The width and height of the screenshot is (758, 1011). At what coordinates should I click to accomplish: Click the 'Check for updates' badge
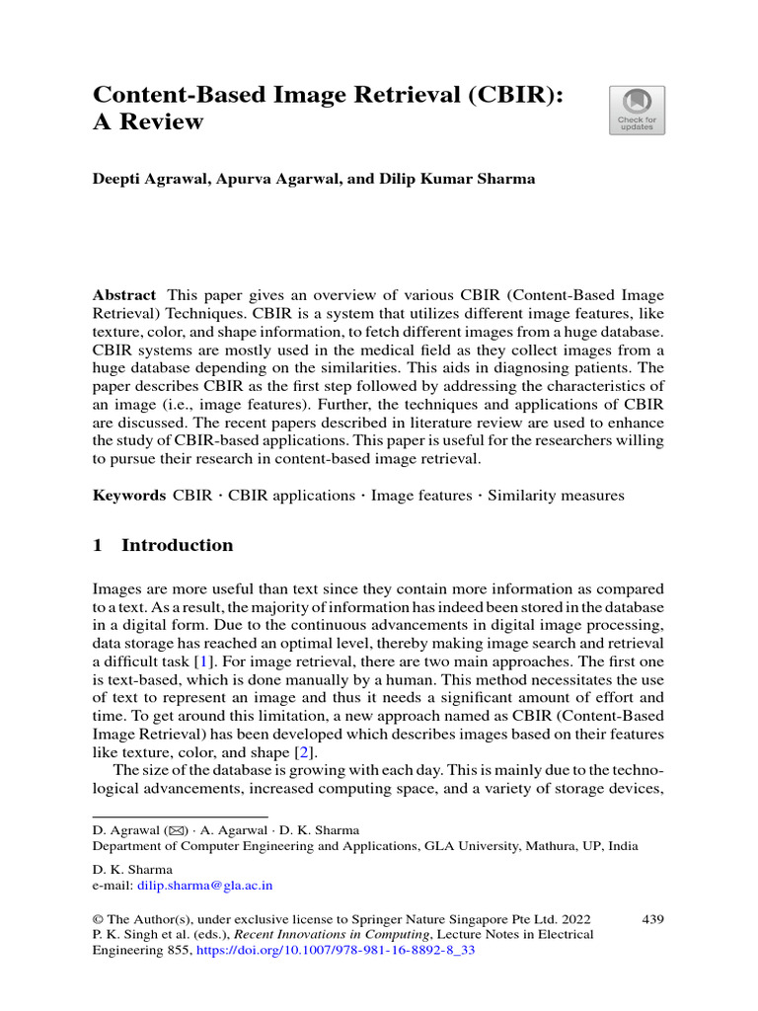point(637,110)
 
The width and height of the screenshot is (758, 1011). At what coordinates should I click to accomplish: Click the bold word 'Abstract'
point(123,295)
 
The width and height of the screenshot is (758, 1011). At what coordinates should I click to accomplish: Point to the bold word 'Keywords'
point(129,496)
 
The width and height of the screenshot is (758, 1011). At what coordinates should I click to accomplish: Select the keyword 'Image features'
point(420,496)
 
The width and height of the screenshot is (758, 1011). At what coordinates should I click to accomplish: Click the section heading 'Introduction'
point(177,545)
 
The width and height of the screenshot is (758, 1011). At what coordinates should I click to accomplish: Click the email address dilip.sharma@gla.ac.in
point(204,887)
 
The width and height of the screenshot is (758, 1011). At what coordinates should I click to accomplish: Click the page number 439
point(652,919)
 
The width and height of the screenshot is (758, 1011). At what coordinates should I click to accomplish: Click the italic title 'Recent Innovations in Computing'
point(335,935)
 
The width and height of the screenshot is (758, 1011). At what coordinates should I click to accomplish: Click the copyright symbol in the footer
point(98,919)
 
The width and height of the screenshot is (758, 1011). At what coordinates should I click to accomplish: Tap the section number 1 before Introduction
point(97,545)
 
